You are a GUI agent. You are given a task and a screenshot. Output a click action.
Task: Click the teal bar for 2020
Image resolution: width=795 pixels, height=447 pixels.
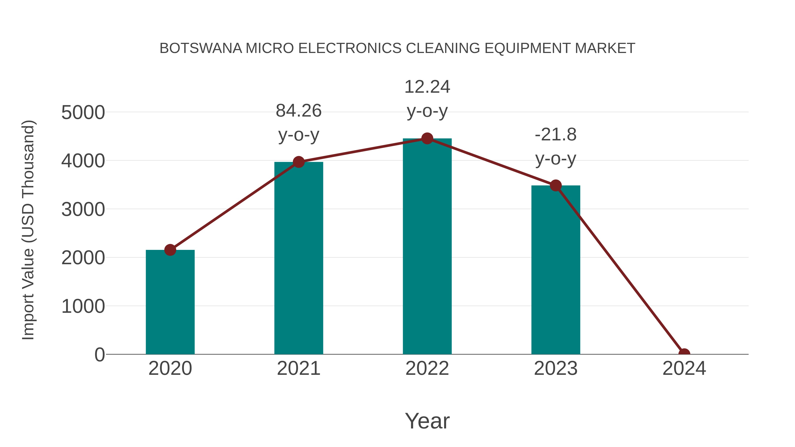click(170, 302)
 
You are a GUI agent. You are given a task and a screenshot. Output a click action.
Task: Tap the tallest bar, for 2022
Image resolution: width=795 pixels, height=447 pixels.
click(427, 247)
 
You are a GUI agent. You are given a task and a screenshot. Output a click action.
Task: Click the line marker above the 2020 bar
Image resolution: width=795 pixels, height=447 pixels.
click(170, 250)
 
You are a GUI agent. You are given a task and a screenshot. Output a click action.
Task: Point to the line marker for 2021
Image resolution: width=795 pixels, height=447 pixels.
click(298, 162)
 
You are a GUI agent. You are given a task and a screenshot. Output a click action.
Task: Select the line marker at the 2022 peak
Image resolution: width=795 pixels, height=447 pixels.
click(427, 138)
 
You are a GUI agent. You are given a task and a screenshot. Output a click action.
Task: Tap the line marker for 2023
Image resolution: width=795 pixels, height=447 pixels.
click(556, 186)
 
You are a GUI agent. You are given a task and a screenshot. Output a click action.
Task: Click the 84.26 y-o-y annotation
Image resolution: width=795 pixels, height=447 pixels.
click(298, 123)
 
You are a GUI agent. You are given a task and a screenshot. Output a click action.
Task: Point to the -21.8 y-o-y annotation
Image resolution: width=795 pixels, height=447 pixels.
click(556, 147)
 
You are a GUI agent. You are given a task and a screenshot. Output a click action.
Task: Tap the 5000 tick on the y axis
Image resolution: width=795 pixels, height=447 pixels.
click(83, 113)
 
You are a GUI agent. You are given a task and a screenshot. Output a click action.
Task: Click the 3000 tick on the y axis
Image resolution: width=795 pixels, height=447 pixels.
click(83, 210)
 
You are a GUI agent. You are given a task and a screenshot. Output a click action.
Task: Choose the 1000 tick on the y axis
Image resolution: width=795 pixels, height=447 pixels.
click(83, 307)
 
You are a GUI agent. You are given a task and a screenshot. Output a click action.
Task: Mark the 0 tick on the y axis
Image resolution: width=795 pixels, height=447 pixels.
click(100, 355)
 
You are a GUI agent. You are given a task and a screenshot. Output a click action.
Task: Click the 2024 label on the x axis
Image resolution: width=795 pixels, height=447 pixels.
click(684, 368)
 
